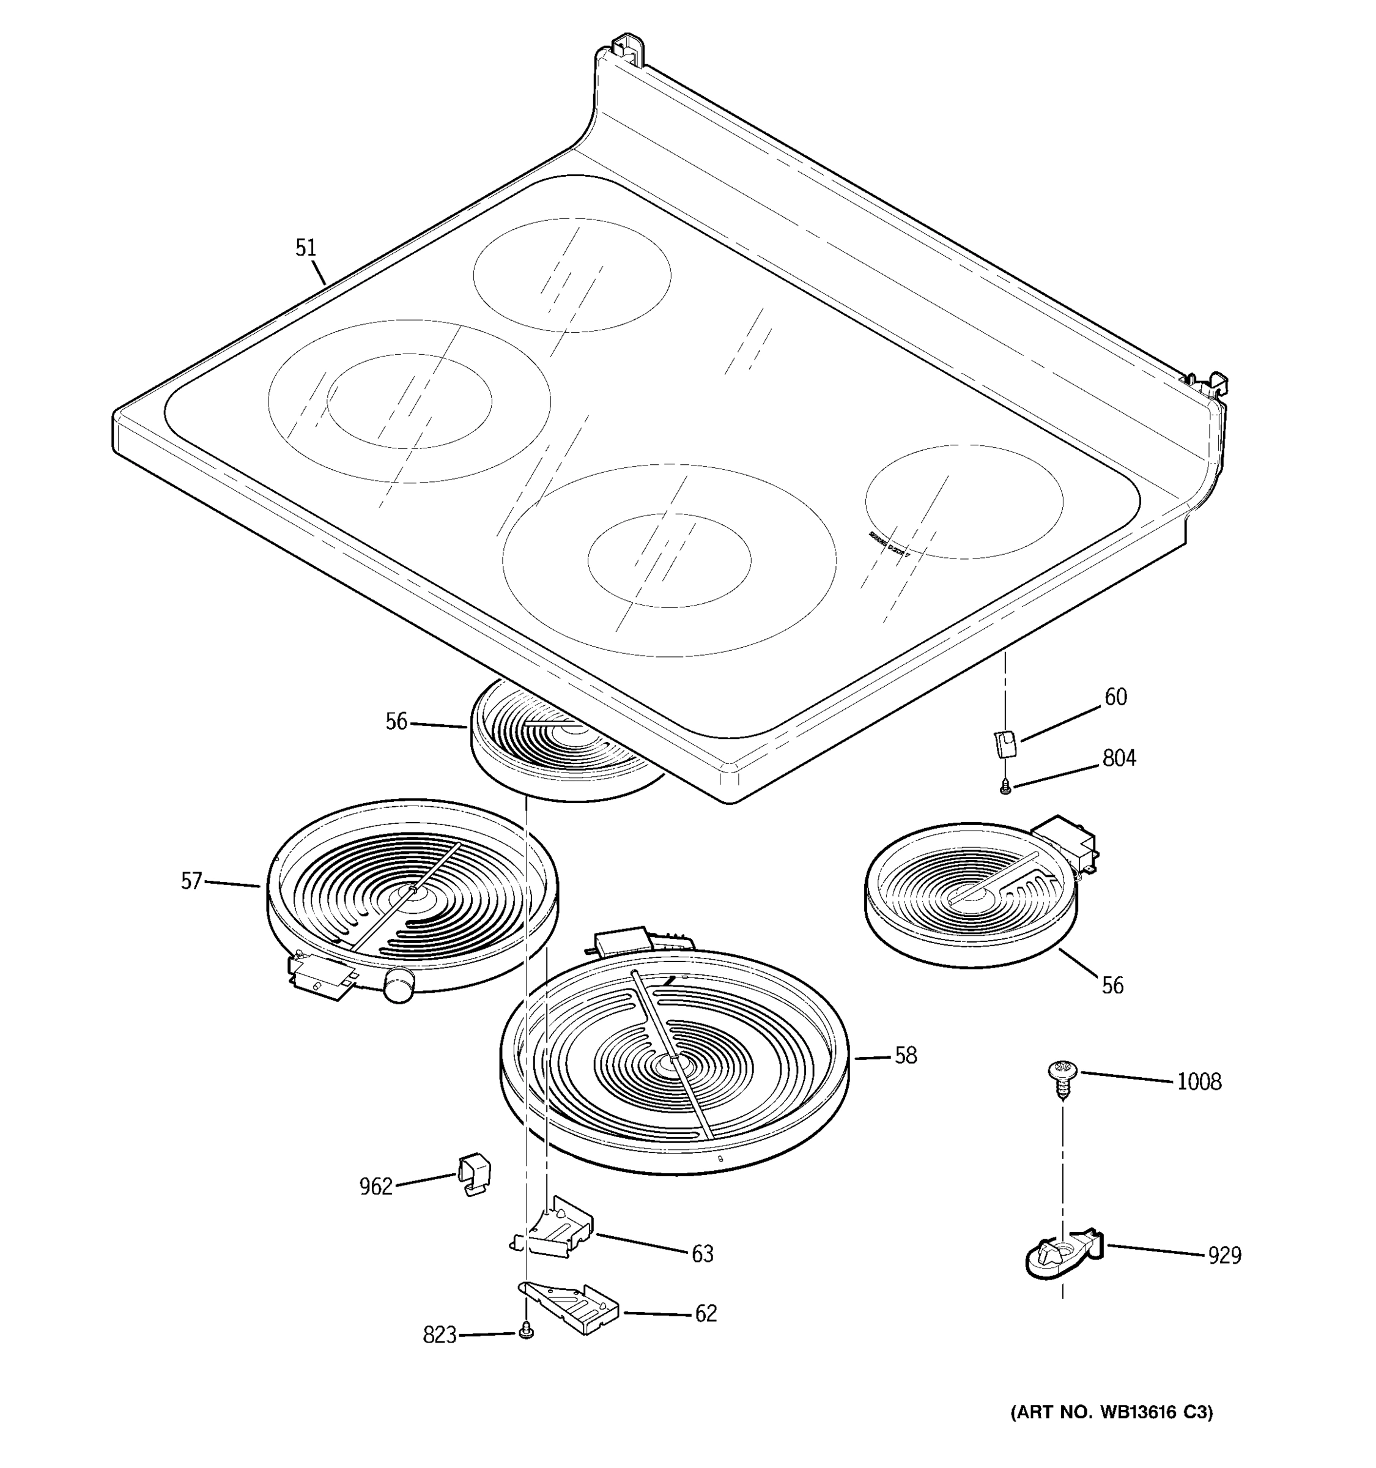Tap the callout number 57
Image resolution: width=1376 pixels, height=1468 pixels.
tap(191, 880)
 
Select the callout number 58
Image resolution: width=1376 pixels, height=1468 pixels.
tap(905, 1055)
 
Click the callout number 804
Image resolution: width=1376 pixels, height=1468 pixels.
tap(1119, 758)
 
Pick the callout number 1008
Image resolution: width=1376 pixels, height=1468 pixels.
tap(1199, 1082)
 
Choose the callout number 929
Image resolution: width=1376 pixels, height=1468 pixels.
tap(1225, 1255)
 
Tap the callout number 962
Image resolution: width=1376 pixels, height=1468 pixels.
tap(375, 1186)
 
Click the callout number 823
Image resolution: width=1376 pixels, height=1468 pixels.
tap(439, 1335)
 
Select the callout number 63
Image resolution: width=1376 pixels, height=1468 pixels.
tap(702, 1253)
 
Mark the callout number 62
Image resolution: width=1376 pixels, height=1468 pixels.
tap(706, 1313)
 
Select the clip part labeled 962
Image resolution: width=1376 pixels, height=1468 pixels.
tap(473, 1173)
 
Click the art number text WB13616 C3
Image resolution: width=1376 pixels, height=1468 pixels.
tap(1111, 1412)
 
